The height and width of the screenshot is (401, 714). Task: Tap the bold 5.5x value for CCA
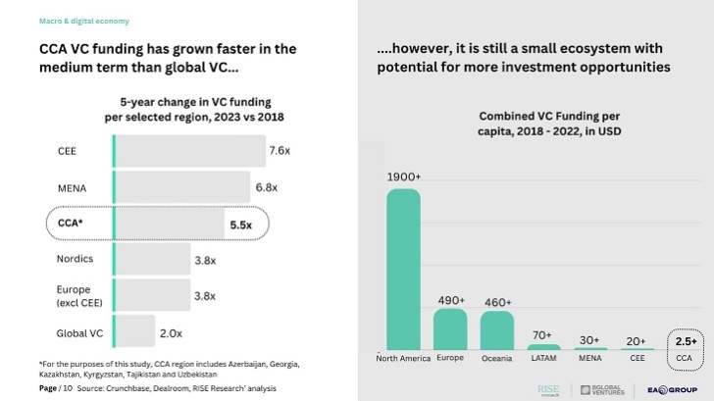click(x=240, y=225)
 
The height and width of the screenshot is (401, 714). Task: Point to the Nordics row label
click(x=76, y=259)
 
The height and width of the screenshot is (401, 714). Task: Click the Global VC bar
click(x=134, y=332)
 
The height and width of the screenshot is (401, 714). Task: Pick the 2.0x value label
click(x=171, y=333)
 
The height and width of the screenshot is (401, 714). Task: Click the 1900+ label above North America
click(x=403, y=177)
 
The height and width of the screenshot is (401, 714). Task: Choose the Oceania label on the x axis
click(x=496, y=359)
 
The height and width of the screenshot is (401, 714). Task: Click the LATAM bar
click(x=543, y=346)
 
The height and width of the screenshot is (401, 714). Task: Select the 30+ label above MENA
click(x=589, y=339)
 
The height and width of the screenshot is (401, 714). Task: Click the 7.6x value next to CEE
click(x=280, y=150)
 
